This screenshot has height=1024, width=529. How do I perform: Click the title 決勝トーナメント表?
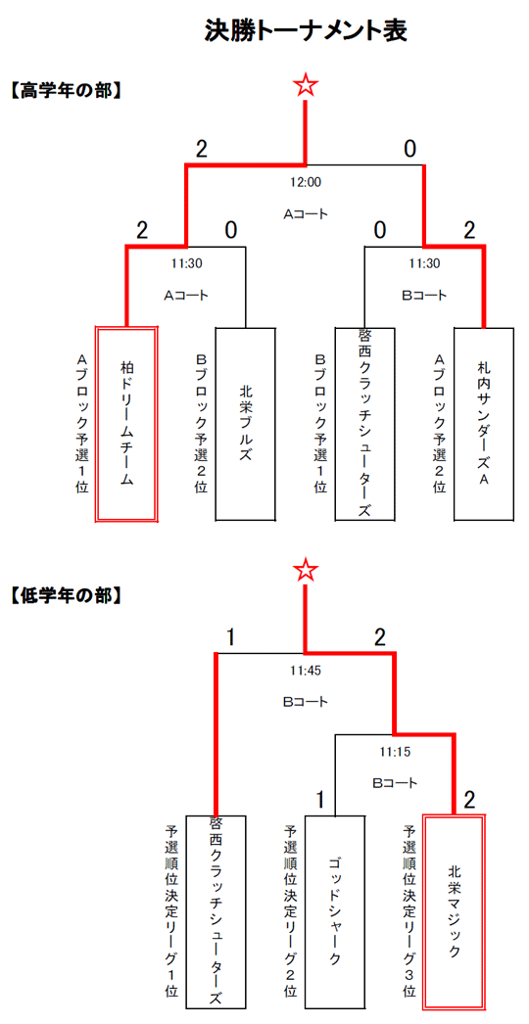[306, 30]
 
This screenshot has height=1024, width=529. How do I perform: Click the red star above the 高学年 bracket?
[306, 85]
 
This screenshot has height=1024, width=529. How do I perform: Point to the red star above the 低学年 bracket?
[306, 570]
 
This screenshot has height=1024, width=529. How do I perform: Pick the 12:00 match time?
[306, 183]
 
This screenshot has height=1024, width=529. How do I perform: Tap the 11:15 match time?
[395, 752]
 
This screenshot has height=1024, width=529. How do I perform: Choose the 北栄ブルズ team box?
[245, 424]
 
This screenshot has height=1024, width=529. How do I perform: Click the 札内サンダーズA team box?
[484, 424]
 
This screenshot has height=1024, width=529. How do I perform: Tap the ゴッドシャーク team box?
[335, 911]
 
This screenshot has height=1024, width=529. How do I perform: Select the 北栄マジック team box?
[455, 911]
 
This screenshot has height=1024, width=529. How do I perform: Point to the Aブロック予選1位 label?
[82, 424]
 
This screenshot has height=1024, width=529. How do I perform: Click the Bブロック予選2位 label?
[202, 424]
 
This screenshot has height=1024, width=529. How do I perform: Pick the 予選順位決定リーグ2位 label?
[291, 911]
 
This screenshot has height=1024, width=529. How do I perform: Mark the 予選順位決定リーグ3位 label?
[410, 911]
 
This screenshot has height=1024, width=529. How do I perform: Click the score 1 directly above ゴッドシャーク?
[320, 800]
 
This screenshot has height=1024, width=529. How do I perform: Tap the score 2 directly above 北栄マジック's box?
[469, 800]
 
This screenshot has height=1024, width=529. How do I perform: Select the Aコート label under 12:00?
[306, 214]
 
